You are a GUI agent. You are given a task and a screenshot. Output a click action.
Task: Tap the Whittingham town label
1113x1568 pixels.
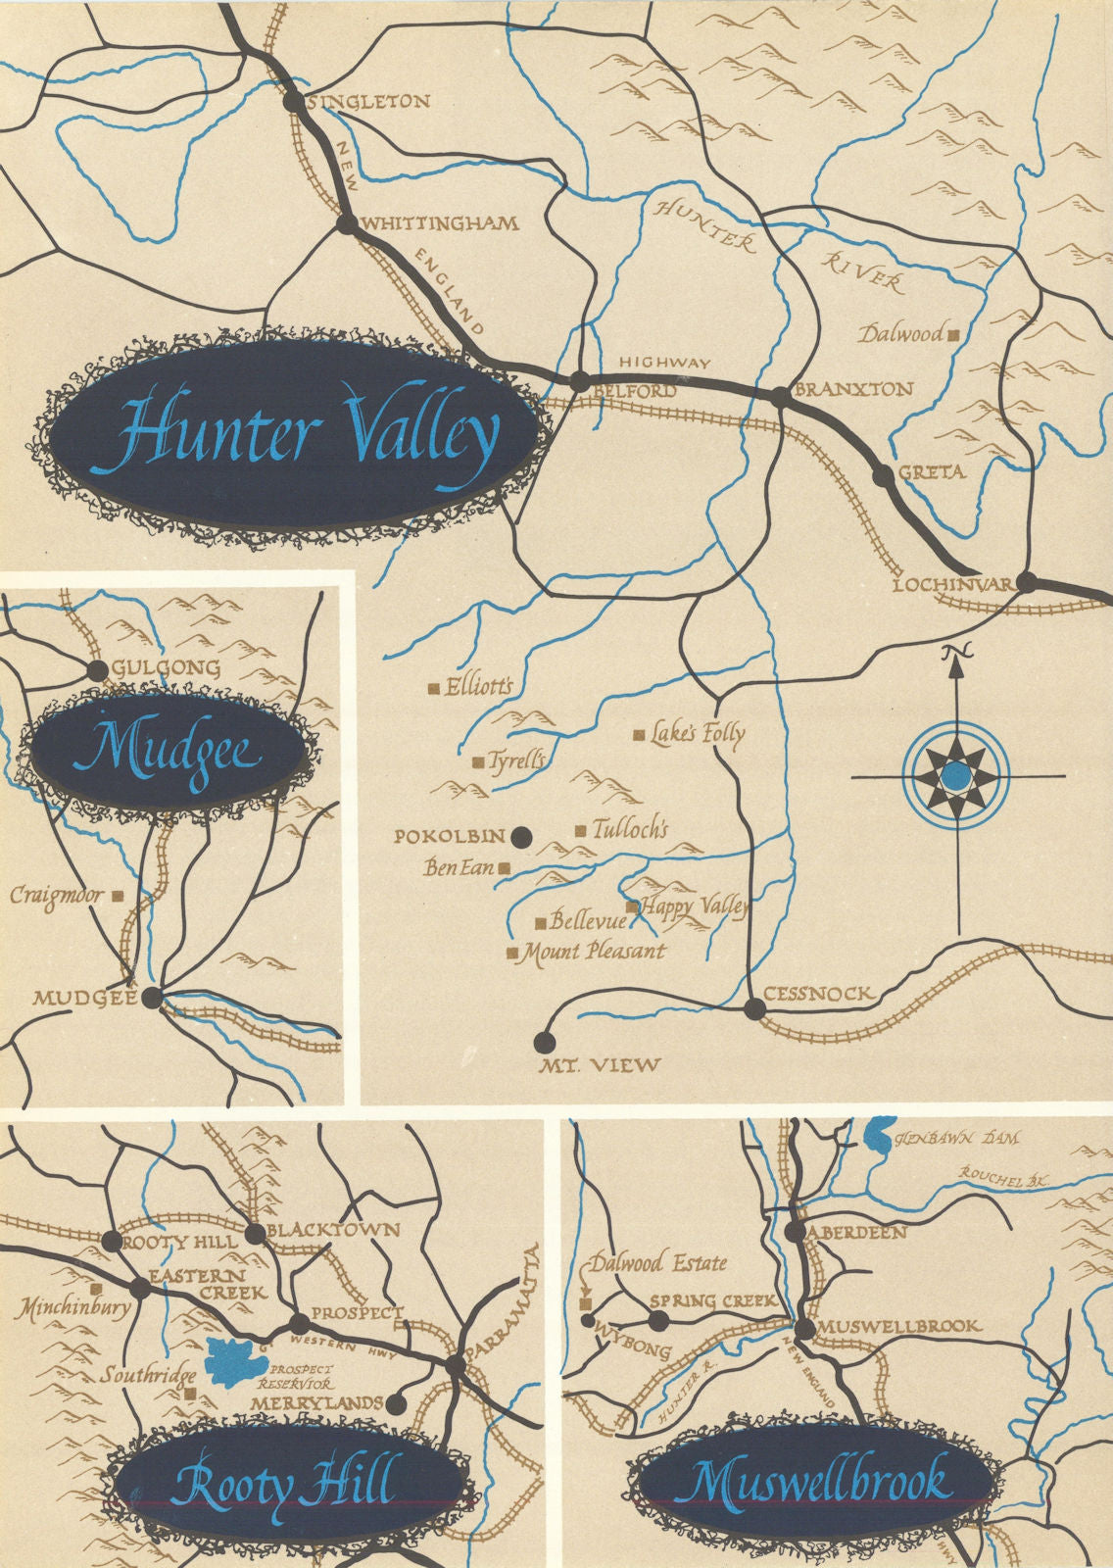coord(440,223)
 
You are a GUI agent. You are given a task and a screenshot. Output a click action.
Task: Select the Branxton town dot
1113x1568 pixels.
coord(780,397)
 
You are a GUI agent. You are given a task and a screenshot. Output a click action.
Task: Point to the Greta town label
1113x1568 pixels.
coord(931,471)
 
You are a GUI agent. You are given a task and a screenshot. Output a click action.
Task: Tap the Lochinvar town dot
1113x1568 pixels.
coord(1026,582)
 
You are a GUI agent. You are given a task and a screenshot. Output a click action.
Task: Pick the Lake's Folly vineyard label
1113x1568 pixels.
coord(698,733)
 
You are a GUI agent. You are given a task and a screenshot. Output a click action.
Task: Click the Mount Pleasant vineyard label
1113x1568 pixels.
coord(594,952)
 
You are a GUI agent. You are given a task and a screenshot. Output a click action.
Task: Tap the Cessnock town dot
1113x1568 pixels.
coord(753,1008)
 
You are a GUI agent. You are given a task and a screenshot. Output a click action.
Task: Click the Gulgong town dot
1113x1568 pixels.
coord(97,670)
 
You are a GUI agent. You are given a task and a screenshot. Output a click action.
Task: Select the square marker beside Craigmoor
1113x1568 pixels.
coord(118,895)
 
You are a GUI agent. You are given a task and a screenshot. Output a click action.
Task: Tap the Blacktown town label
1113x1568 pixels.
coord(334,1229)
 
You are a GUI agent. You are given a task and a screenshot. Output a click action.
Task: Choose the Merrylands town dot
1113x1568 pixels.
coord(396,1403)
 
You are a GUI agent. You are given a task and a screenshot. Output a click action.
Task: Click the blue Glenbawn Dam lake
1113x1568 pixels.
coord(878,1135)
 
